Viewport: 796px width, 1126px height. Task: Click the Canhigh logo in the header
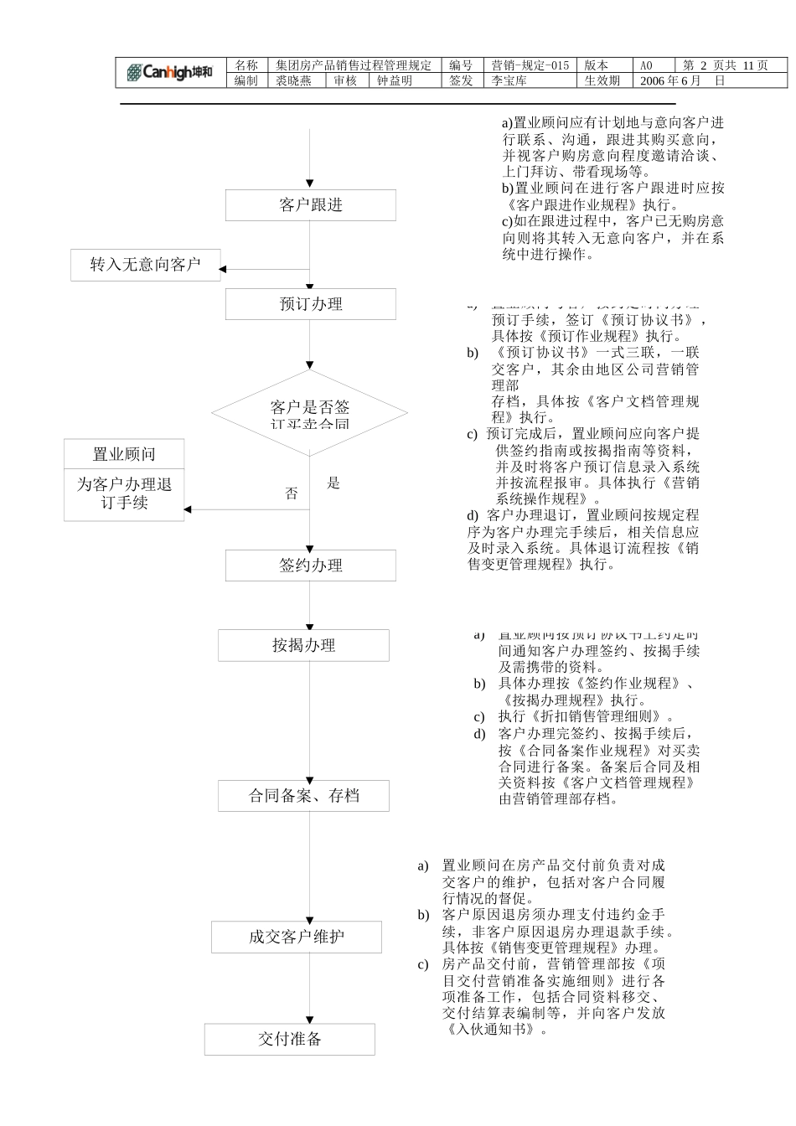coord(170,73)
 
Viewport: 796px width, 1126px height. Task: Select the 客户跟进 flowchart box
coord(310,205)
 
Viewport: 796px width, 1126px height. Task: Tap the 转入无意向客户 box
coord(145,265)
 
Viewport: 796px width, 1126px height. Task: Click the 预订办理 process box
coord(310,304)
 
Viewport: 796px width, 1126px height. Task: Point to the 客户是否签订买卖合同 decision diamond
coord(309,413)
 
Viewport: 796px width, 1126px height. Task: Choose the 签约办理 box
coord(310,566)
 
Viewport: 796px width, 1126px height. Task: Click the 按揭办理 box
coord(303,645)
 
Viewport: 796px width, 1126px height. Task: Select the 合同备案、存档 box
coord(303,795)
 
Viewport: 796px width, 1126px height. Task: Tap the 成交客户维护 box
coord(296,937)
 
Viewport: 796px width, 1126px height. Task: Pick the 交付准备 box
coord(289,1040)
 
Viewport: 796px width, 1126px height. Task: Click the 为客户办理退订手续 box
coord(124,494)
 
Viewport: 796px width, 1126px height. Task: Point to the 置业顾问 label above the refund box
coord(124,455)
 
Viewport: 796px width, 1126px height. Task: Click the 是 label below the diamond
coord(333,483)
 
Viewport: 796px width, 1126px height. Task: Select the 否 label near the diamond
coord(292,493)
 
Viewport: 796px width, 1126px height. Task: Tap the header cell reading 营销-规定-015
coord(530,65)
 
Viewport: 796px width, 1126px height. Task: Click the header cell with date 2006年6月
coord(681,80)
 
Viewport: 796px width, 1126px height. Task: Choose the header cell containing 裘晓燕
coord(293,80)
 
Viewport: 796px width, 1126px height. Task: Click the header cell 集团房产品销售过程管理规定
coord(354,65)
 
